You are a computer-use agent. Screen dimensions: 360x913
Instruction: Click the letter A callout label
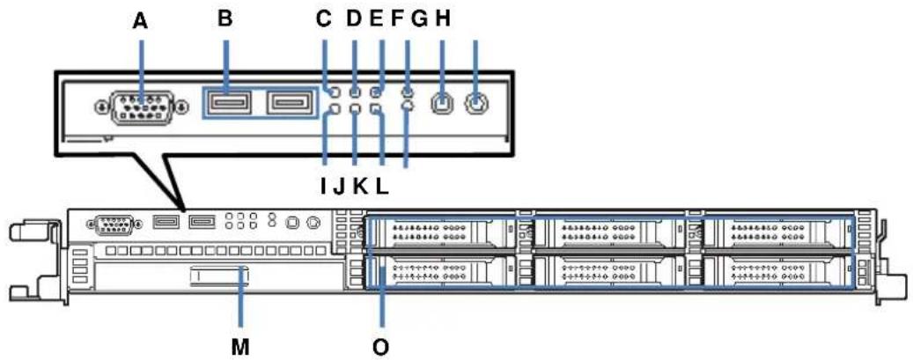[141, 19]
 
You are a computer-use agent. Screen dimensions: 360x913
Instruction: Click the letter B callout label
[226, 19]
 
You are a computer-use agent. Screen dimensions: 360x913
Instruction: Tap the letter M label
[240, 346]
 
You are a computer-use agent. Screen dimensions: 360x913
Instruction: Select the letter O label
[381, 346]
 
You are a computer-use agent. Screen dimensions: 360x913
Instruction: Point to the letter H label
[443, 19]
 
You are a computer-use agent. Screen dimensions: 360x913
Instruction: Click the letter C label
[323, 19]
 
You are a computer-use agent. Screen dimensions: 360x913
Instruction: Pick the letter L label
[380, 186]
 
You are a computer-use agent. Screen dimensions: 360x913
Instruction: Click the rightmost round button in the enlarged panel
[475, 104]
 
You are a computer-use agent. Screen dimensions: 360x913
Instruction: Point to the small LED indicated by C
[334, 92]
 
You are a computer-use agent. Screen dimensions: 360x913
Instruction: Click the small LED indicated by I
[334, 109]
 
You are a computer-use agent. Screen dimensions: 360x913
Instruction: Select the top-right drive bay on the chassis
[780, 233]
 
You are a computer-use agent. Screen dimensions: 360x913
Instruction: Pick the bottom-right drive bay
[780, 271]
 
